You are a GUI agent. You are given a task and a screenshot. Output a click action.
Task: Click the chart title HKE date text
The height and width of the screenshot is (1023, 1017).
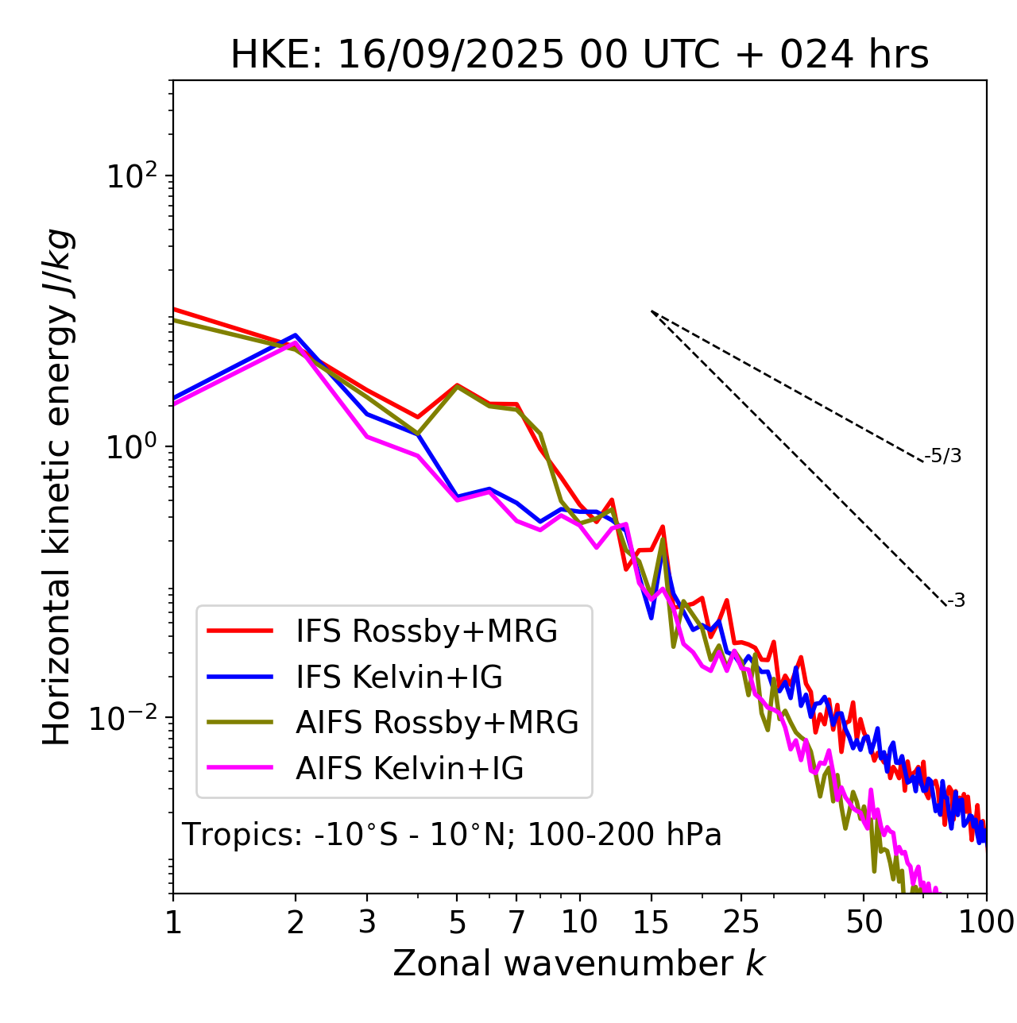coord(579,55)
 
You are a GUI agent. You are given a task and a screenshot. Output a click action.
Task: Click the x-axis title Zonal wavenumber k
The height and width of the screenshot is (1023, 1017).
coord(578,963)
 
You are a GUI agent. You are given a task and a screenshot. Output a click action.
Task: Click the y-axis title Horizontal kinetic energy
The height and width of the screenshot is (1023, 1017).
coord(57,487)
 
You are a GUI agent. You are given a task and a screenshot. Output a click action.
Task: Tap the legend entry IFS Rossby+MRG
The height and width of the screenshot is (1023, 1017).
coord(426,631)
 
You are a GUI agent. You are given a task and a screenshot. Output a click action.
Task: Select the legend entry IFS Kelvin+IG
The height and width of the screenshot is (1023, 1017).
coord(399,677)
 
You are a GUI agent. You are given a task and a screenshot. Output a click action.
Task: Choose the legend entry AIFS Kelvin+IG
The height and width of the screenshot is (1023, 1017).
coord(409,768)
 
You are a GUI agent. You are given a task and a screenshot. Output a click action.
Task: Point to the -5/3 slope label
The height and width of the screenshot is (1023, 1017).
coord(943,456)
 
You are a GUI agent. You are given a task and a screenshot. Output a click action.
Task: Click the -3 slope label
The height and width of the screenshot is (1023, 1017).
coord(956,600)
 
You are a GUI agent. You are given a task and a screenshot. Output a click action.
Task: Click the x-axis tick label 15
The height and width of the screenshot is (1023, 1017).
coord(651,921)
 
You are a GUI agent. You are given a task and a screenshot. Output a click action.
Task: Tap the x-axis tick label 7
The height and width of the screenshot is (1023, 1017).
coord(516,921)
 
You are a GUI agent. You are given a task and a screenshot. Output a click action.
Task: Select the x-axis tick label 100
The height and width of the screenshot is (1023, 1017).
coord(985,921)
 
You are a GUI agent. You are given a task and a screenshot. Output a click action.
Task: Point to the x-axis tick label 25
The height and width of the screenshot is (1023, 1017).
coord(741,921)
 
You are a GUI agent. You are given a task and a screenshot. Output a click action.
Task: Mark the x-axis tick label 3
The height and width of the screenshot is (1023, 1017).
coord(367,921)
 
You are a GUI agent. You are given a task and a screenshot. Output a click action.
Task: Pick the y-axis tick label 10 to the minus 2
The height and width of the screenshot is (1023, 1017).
coord(127,717)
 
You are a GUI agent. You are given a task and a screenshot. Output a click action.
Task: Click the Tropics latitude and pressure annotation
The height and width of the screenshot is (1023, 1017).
coord(451,835)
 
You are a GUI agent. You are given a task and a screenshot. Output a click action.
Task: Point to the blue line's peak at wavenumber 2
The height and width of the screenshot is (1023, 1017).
coord(296,335)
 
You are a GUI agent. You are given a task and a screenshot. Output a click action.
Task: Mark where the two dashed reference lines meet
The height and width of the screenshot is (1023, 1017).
coord(652,311)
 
